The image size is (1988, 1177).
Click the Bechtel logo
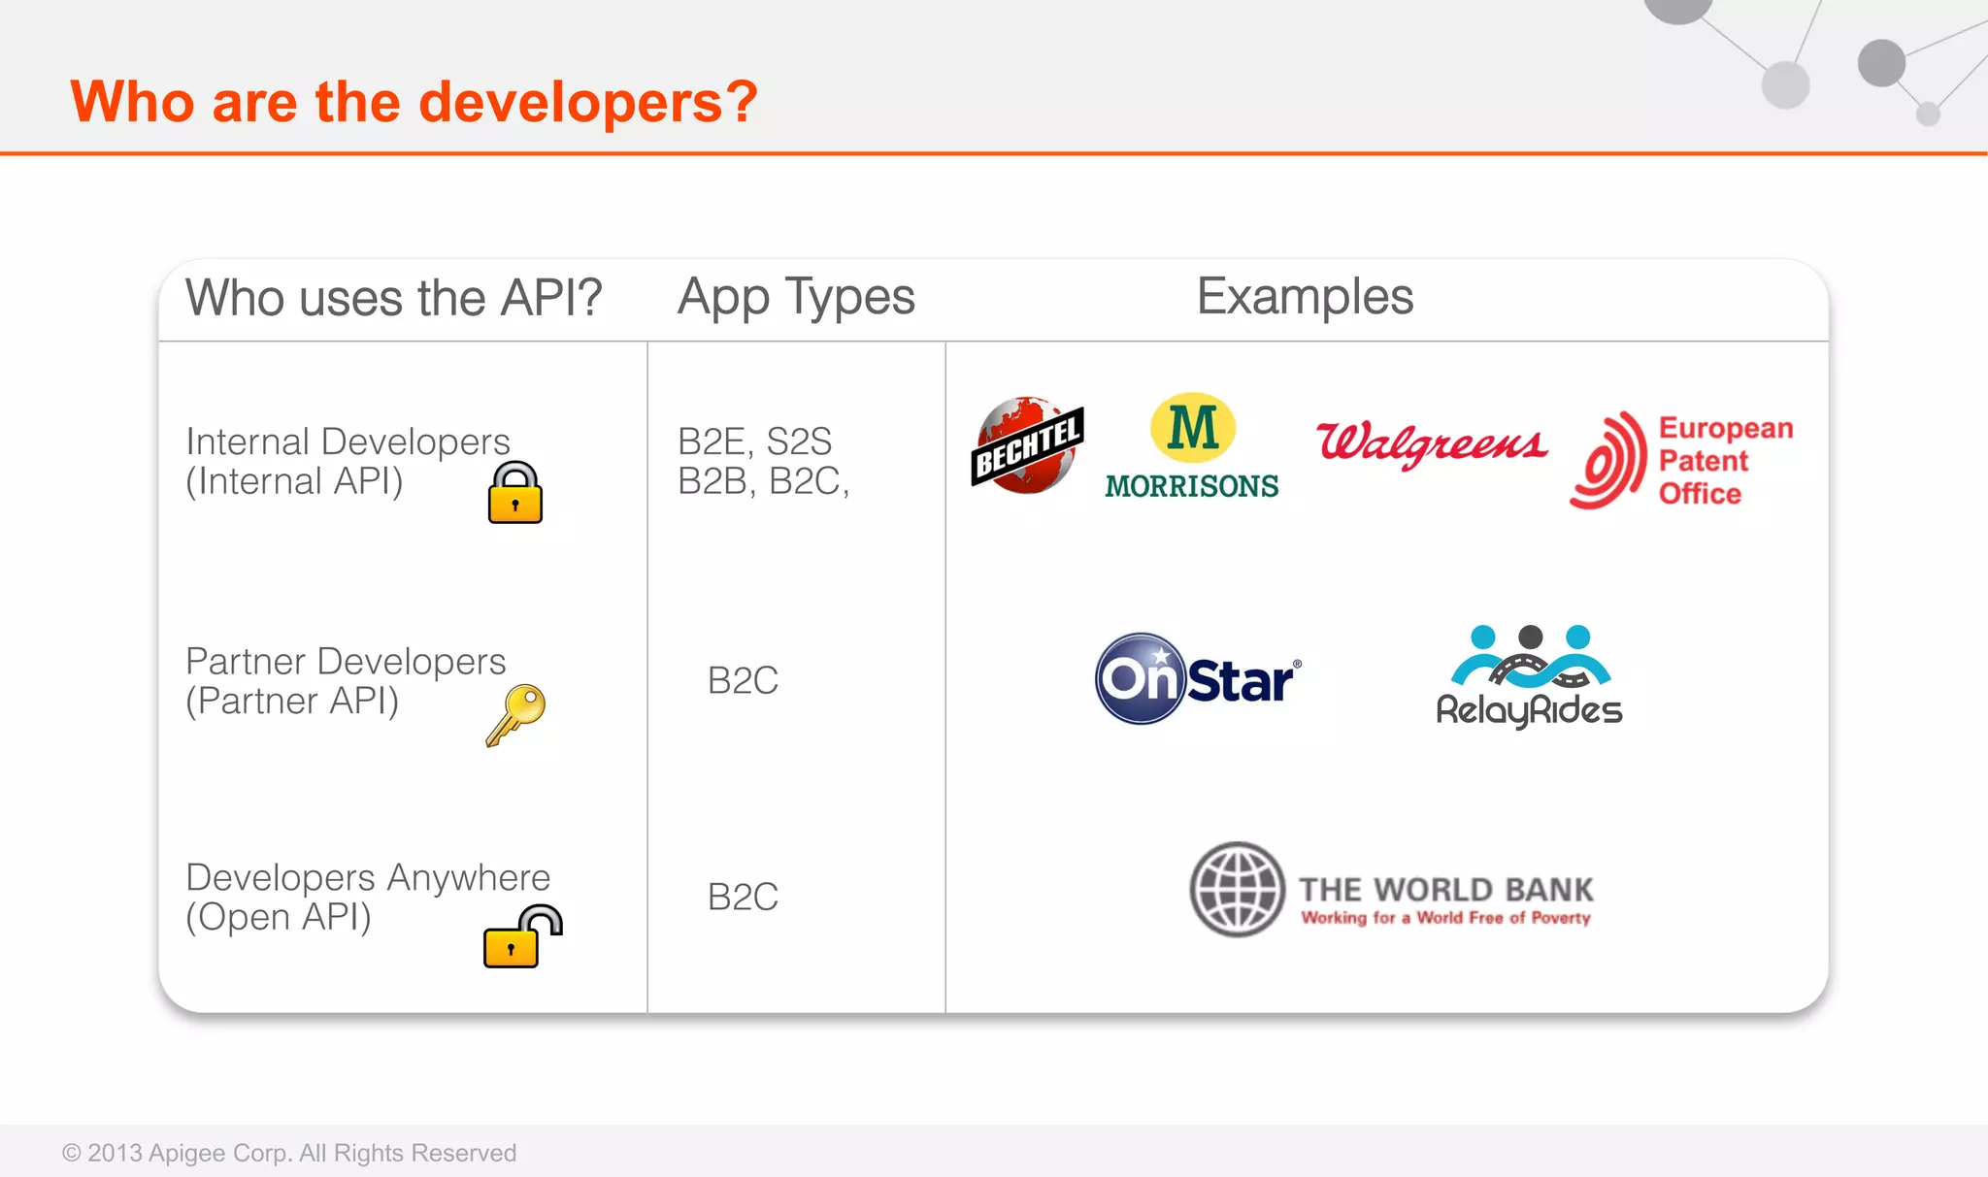(1027, 445)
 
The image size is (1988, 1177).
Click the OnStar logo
(1197, 678)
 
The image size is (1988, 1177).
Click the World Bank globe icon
(1238, 889)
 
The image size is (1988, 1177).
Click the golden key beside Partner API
(515, 714)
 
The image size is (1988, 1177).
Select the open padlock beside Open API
(521, 936)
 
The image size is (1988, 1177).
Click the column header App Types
(796, 297)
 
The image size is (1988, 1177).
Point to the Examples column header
(1305, 297)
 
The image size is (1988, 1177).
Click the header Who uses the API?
(394, 298)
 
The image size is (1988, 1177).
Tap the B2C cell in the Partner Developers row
(743, 680)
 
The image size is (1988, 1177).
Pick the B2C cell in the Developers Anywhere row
(743, 897)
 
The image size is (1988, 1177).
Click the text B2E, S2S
(754, 441)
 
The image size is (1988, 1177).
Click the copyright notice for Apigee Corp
(289, 1153)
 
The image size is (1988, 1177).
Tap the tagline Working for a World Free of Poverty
(1445, 918)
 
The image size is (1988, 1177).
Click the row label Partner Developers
(346, 662)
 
